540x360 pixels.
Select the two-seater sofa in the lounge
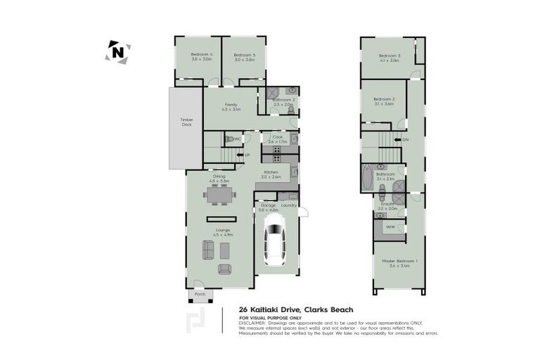209,249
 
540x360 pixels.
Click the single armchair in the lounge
224,269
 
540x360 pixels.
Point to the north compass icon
118,52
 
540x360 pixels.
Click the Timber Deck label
186,122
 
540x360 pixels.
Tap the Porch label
199,294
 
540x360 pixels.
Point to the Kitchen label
271,172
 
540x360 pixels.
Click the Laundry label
288,205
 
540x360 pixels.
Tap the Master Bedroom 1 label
399,262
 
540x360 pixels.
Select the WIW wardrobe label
390,226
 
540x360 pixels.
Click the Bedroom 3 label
389,56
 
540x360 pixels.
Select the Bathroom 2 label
283,100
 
